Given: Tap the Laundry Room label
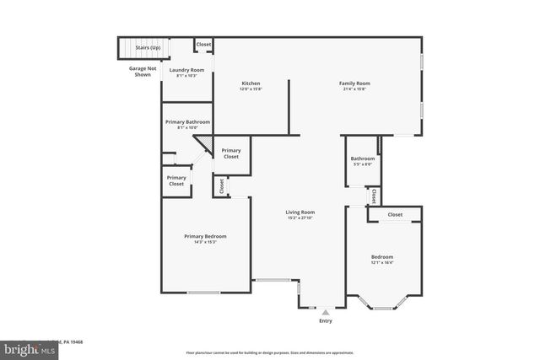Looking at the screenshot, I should [186, 71].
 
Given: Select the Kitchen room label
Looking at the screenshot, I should [251, 83].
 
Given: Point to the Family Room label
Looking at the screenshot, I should [354, 83].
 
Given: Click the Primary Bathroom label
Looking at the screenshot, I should [187, 123].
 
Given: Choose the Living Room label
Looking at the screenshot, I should [300, 212].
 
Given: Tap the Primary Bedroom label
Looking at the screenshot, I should [206, 237].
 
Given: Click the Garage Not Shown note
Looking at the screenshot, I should [143, 71].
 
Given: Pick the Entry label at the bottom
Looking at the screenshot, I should [326, 321].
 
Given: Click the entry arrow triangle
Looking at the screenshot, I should [326, 312].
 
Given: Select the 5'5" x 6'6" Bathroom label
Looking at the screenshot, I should [363, 159].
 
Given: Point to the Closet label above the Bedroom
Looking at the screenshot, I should [395, 215].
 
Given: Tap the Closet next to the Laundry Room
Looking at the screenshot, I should [203, 44].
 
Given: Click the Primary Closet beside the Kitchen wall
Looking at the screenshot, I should [230, 153].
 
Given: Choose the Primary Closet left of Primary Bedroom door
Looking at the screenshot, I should [176, 180].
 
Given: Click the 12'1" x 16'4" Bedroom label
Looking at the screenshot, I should [382, 257].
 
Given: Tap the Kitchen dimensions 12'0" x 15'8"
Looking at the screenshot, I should [251, 89].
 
